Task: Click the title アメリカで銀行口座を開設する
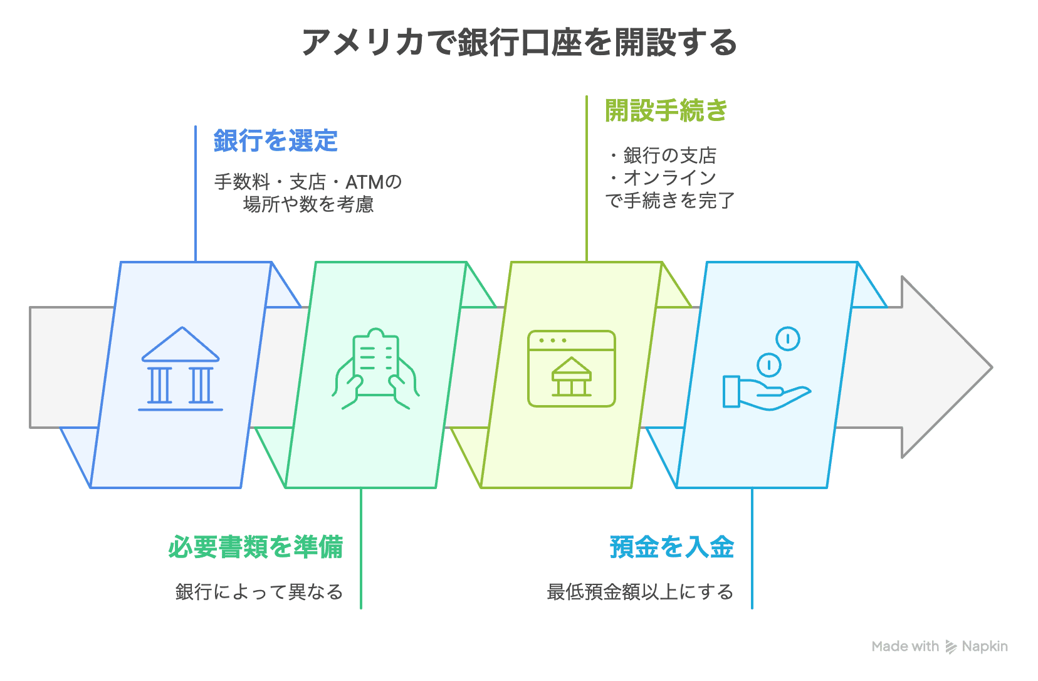point(519,42)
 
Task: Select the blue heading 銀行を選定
point(276,140)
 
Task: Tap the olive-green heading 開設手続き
point(666,111)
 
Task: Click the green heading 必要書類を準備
point(256,547)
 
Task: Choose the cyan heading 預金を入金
point(671,547)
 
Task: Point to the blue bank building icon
point(181,369)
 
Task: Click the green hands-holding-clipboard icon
point(376,369)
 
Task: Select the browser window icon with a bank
point(572,369)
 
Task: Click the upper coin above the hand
point(788,339)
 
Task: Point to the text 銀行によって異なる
point(259,592)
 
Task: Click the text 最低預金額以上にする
point(641,592)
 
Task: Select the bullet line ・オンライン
point(662,177)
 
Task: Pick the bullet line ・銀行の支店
point(662,156)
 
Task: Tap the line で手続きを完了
point(670,200)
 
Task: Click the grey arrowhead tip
point(992,367)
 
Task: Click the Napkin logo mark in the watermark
point(950,647)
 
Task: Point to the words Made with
point(905,647)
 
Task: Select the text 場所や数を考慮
point(308,204)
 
